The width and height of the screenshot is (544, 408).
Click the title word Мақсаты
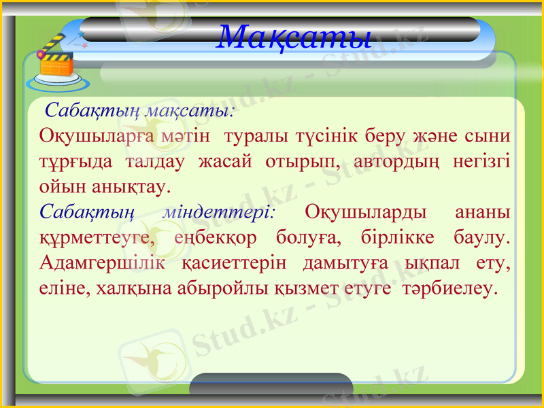293,35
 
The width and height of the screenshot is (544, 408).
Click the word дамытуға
347,262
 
